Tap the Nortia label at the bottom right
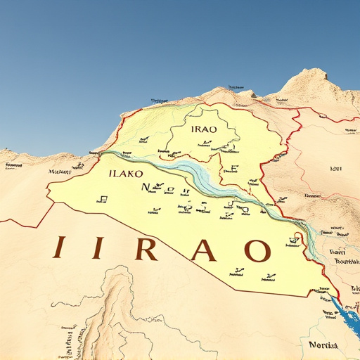(323, 345)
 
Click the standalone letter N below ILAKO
(146, 187)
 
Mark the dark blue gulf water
(347, 313)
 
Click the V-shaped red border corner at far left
(30, 226)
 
